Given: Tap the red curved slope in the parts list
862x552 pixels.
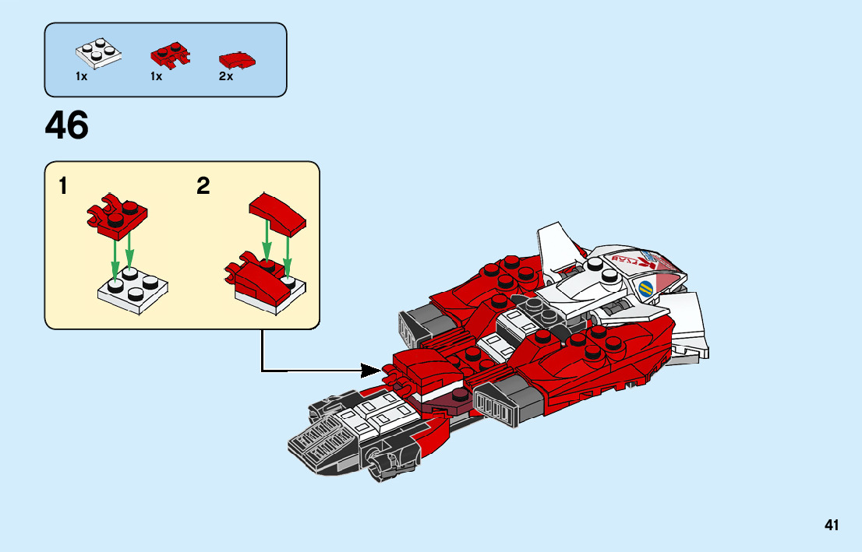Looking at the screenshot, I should coord(237,59).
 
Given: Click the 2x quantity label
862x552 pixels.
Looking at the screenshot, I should coord(226,77).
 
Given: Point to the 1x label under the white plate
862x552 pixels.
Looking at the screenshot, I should coord(81,77).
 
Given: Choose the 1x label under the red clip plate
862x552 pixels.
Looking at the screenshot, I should coord(156,77).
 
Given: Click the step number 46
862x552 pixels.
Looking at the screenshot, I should coord(67,126).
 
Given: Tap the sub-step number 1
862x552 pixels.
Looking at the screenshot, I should coord(63,187).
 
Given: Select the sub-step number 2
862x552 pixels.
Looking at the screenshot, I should coord(203,187).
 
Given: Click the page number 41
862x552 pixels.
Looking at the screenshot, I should coord(832,526).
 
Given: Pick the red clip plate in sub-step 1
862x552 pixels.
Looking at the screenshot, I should coord(118,216).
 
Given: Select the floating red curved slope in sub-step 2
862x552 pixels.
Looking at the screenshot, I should coord(278,213).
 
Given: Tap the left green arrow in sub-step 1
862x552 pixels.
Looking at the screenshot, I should coord(115,257).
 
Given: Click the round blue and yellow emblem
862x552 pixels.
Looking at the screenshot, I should coord(647,290).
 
